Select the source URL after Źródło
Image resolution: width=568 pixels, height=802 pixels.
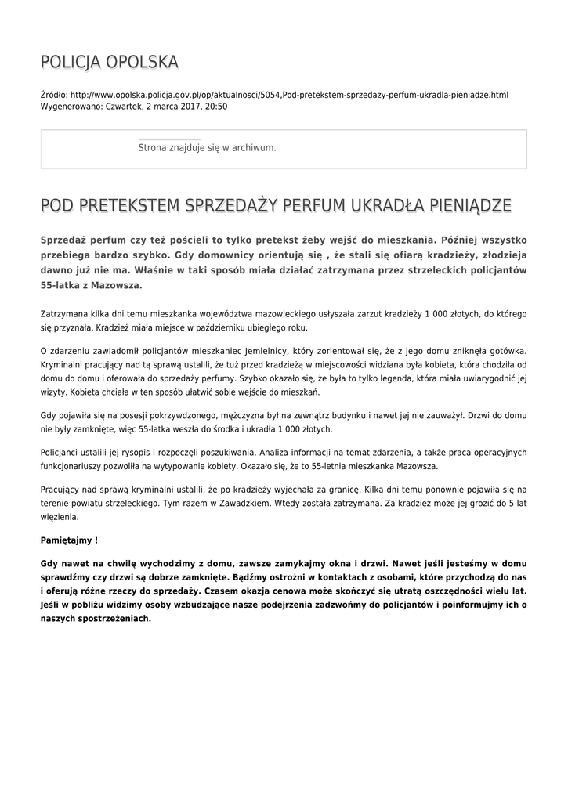(289, 95)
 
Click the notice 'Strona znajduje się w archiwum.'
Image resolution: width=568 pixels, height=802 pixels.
(207, 147)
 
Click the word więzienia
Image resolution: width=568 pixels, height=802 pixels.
(59, 517)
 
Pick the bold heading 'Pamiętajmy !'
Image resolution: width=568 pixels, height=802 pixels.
(69, 540)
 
